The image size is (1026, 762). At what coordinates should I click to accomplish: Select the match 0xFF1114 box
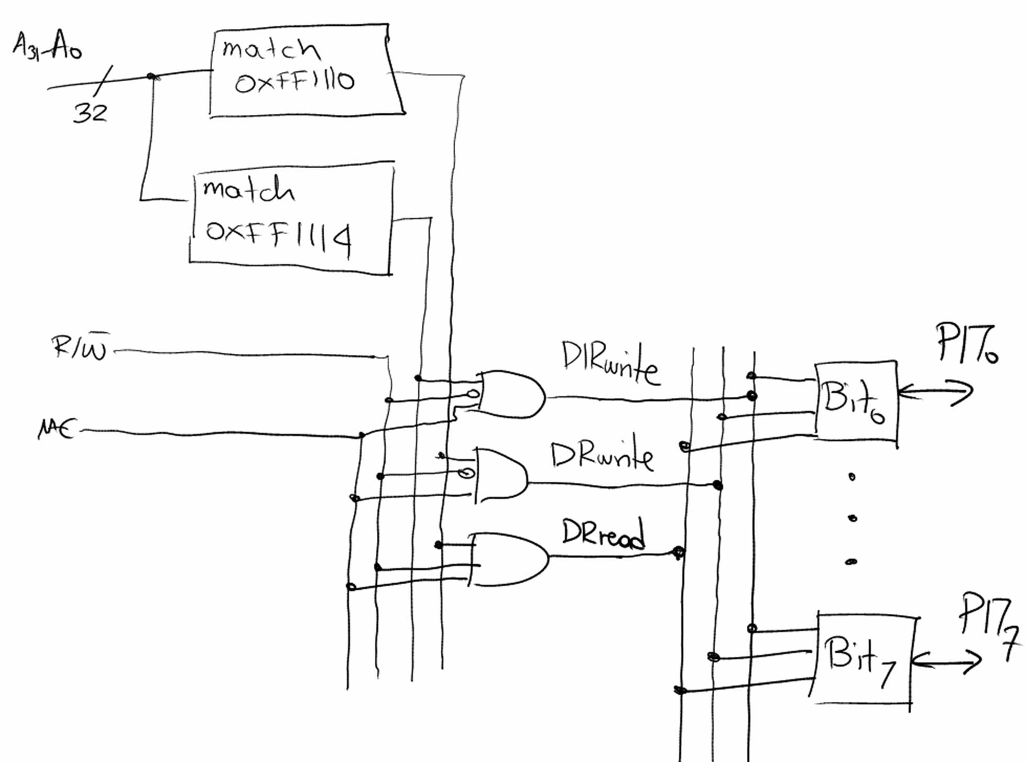[x=291, y=220]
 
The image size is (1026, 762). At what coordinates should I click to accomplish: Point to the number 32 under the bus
[x=90, y=113]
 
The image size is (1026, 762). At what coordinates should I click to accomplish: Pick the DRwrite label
[x=602, y=456]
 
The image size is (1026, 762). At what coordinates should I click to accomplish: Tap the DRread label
[x=603, y=534]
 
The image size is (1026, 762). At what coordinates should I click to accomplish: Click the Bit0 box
[x=855, y=400]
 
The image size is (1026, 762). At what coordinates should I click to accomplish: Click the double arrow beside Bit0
[x=935, y=393]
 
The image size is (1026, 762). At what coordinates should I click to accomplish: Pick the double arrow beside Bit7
[x=946, y=661]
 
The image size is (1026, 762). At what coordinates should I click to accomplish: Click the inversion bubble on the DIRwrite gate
[x=473, y=393]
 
